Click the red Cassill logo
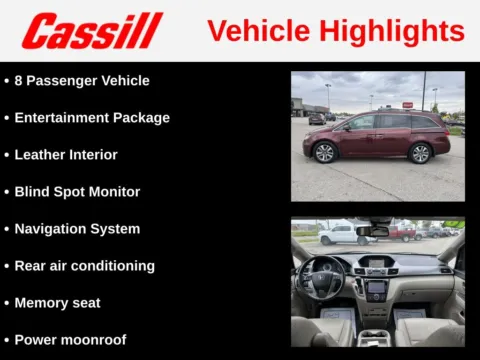[92, 31]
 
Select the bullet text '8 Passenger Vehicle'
[82, 80]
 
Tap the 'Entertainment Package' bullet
[92, 117]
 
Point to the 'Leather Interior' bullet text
[66, 155]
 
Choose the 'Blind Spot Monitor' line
[77, 192]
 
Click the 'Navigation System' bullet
[77, 229]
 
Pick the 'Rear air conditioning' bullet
[84, 266]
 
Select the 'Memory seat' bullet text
[57, 303]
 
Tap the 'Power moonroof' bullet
[70, 340]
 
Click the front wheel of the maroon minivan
[324, 152]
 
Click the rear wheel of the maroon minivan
[420, 152]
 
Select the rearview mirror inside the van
[373, 231]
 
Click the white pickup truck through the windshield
[338, 234]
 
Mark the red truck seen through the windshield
[404, 233]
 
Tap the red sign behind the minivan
[407, 105]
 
